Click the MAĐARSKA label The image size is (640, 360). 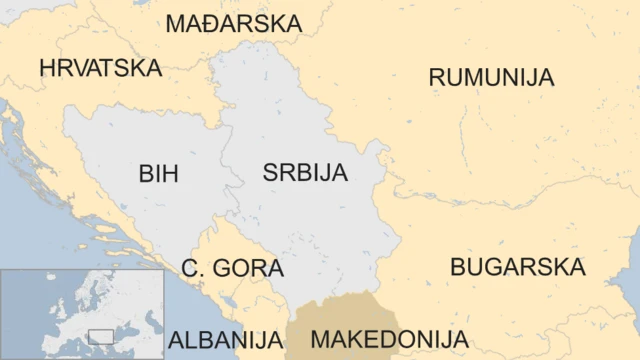[233, 23]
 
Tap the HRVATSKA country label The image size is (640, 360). [100, 67]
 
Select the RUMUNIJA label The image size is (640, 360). [491, 77]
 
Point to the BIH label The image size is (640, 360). [158, 174]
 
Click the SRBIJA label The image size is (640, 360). [305, 172]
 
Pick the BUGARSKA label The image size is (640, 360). [517, 267]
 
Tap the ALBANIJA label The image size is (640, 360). [225, 339]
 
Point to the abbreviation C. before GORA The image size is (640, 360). [194, 269]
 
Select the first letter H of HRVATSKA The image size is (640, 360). [48, 67]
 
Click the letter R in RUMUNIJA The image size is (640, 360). [438, 77]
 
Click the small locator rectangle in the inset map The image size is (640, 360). [100, 336]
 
